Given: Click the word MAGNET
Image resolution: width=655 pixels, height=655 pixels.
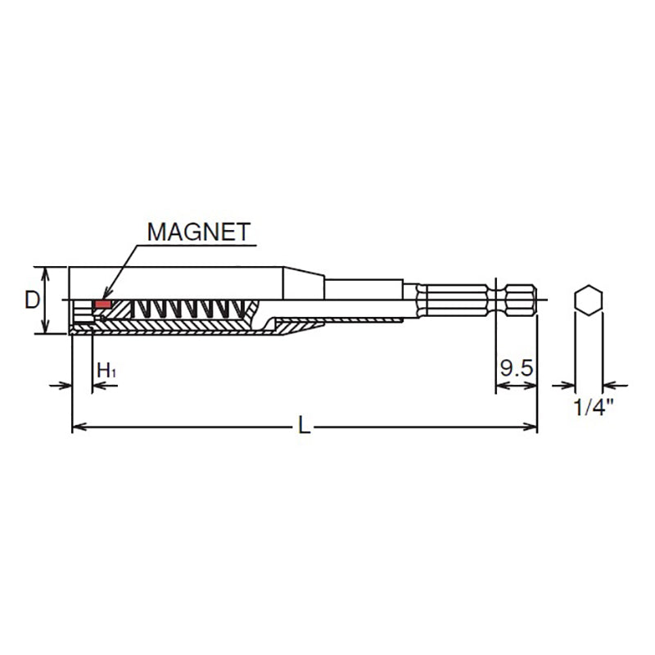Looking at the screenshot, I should (x=197, y=232).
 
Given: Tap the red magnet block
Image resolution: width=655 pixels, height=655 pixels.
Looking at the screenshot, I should (x=102, y=305).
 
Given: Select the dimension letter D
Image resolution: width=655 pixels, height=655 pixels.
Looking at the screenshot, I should (x=31, y=300).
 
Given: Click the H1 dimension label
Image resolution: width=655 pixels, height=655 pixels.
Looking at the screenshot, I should (x=106, y=370).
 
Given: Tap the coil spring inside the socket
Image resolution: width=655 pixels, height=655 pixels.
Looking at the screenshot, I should (x=188, y=309).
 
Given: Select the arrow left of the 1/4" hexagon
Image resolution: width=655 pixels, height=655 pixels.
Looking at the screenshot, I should (x=565, y=385).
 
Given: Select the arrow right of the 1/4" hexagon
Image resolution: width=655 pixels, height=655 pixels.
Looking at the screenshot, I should (x=610, y=385).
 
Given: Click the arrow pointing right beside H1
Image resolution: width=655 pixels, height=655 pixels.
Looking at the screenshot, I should (x=65, y=385).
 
